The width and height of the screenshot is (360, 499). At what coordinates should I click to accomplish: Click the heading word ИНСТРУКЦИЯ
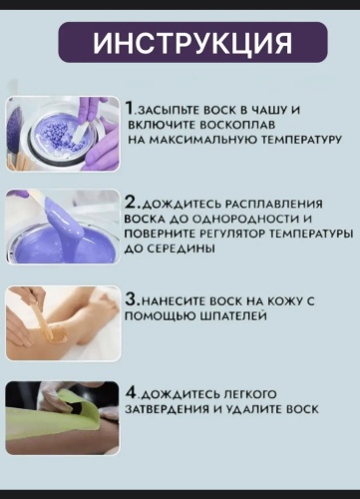[192, 43]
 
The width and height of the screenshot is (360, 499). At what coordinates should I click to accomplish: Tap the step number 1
[130, 109]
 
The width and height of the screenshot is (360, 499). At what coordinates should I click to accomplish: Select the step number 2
[131, 203]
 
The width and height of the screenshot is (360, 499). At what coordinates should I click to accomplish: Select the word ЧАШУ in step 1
[267, 110]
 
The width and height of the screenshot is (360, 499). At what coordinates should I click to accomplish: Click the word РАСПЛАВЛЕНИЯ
[273, 204]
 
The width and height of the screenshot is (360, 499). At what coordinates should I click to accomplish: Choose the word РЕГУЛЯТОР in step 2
[232, 235]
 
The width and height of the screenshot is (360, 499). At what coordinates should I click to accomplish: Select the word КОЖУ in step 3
[284, 300]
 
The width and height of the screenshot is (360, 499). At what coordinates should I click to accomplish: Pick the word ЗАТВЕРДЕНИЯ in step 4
[167, 409]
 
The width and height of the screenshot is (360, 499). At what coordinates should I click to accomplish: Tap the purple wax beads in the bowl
[61, 136]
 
